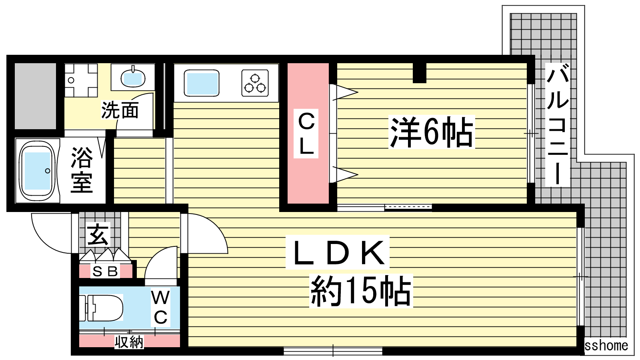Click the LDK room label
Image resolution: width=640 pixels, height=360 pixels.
pos(338,252)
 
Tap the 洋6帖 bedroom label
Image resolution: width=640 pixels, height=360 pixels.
pos(432,132)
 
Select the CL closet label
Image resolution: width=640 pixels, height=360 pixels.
pos(306,134)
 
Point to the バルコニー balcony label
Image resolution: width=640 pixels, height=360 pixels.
pos(558,124)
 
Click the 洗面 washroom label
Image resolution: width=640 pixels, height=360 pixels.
pos(120,110)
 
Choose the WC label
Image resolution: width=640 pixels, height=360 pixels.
pos(160,308)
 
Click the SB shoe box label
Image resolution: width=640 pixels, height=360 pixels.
pos(105,272)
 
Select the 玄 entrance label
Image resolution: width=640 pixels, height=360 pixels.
pos(98,235)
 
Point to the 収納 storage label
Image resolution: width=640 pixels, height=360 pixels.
pos(129,342)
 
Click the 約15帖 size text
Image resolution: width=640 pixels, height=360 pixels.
pos(361,291)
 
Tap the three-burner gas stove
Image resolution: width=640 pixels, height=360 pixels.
pos(255,83)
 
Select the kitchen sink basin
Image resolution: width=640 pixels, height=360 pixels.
pos(202,83)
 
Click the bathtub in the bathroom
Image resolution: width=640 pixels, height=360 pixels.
pos(37,171)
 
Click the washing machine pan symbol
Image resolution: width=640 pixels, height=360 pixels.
pos(81,80)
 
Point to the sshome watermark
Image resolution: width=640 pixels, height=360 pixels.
pos(606,346)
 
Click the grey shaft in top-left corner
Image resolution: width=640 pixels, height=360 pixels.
pos(36,96)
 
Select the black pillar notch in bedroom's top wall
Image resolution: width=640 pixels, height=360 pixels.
pos(420,73)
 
